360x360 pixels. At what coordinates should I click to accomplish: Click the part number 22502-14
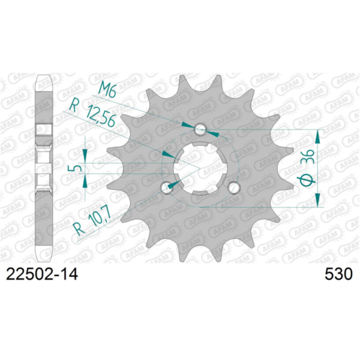(x=41, y=275)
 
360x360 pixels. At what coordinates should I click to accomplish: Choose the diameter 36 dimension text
(x=306, y=169)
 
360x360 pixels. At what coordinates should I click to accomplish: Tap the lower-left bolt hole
(x=166, y=187)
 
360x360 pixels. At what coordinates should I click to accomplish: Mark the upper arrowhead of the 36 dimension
(x=319, y=135)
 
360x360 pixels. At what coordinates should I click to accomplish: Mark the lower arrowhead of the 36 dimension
(x=319, y=201)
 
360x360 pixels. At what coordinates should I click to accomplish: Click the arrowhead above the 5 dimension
(x=86, y=154)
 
